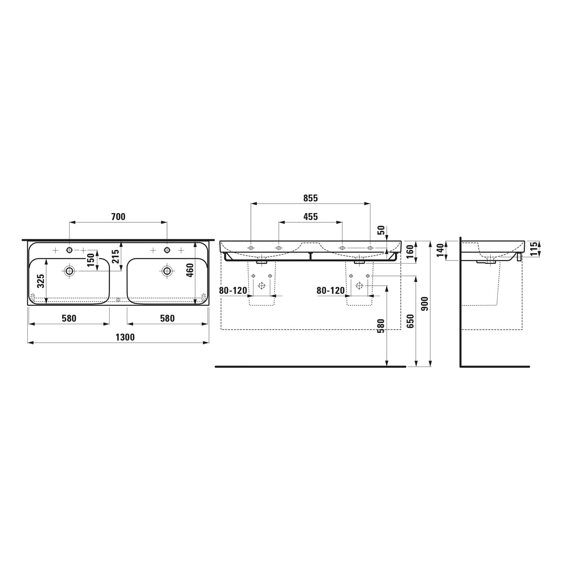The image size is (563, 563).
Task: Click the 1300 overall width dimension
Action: tap(125, 337)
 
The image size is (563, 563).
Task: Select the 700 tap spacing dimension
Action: tap(118, 217)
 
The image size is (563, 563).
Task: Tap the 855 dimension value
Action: tap(311, 198)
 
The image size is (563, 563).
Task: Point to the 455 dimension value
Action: tap(311, 217)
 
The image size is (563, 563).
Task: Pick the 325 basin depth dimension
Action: tap(41, 281)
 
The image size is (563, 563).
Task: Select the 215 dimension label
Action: tap(116, 257)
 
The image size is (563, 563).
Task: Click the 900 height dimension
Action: tap(425, 304)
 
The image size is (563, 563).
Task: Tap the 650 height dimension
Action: tap(410, 321)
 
